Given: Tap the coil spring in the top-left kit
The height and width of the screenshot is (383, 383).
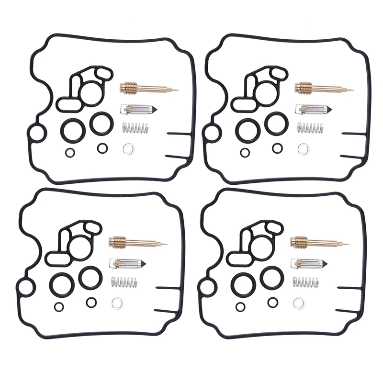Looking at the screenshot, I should click(x=136, y=128).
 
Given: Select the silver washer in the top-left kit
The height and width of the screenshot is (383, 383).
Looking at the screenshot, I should click(x=128, y=149).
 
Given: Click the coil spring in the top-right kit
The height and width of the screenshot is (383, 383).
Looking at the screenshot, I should click(x=310, y=128).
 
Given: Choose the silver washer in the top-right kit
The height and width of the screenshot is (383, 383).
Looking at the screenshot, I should click(x=303, y=149).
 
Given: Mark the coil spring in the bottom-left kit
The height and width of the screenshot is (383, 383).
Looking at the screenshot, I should click(x=124, y=282).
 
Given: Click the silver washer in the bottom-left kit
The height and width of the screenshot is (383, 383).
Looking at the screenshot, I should click(x=117, y=303).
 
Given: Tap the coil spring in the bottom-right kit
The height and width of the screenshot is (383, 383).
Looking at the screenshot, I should click(x=306, y=282).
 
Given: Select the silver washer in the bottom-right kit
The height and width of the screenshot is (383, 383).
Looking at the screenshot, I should click(x=299, y=303).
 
